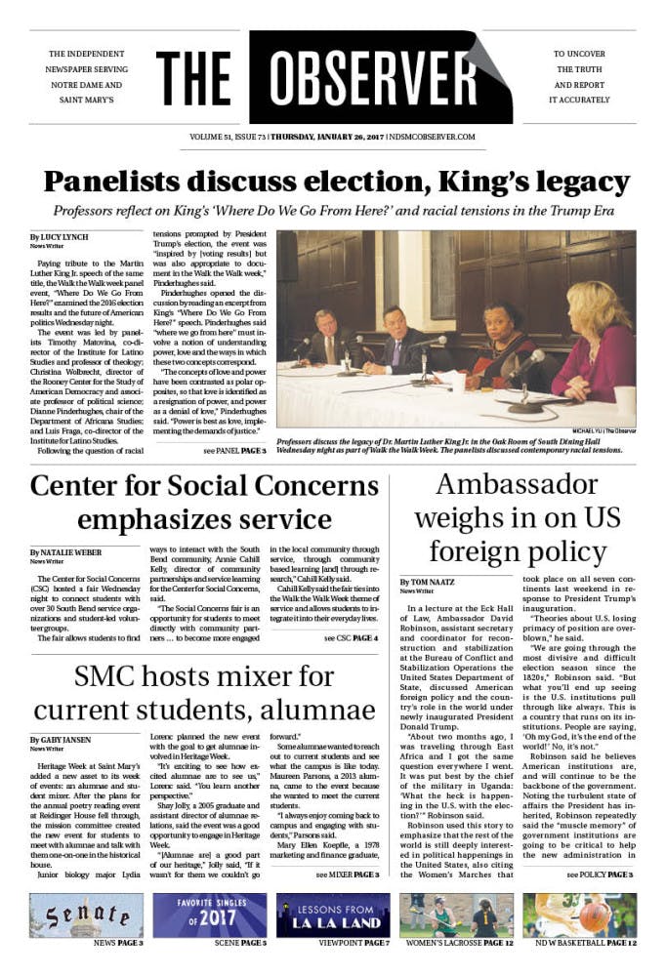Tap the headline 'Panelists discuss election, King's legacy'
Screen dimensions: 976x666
tap(332, 183)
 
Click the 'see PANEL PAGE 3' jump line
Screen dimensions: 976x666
tap(234, 452)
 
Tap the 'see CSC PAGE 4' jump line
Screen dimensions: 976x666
tap(351, 610)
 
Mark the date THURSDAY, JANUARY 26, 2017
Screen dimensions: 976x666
tap(326, 137)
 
